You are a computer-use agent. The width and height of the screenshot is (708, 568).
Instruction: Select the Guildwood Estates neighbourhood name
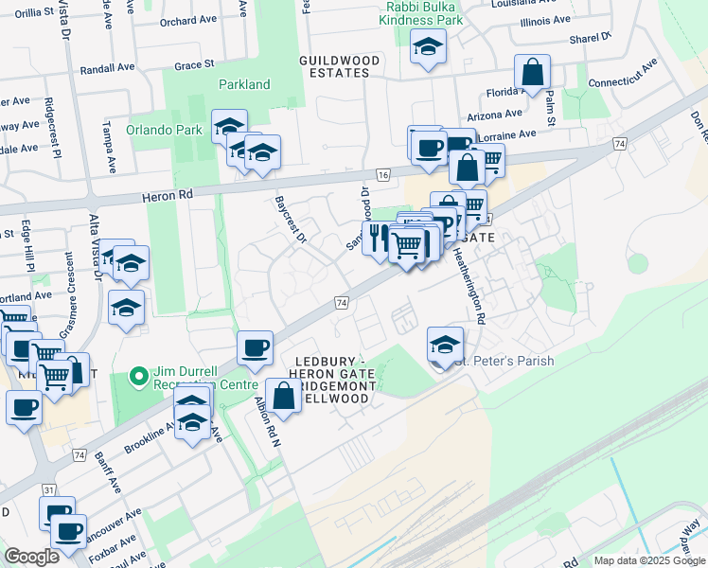[339, 66]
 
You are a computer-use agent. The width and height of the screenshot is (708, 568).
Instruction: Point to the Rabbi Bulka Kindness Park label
[422, 12]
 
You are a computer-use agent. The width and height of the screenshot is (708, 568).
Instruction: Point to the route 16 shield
[382, 175]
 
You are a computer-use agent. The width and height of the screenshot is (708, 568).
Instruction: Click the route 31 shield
[48, 489]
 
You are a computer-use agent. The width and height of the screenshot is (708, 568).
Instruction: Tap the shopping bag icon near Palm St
[533, 72]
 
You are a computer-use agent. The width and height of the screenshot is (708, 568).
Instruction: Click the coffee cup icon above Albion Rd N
[255, 347]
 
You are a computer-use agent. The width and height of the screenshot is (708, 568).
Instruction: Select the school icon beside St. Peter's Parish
[445, 343]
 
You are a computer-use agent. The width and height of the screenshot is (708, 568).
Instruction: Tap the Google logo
[32, 557]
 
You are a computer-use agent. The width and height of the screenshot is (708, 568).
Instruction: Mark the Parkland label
[244, 84]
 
